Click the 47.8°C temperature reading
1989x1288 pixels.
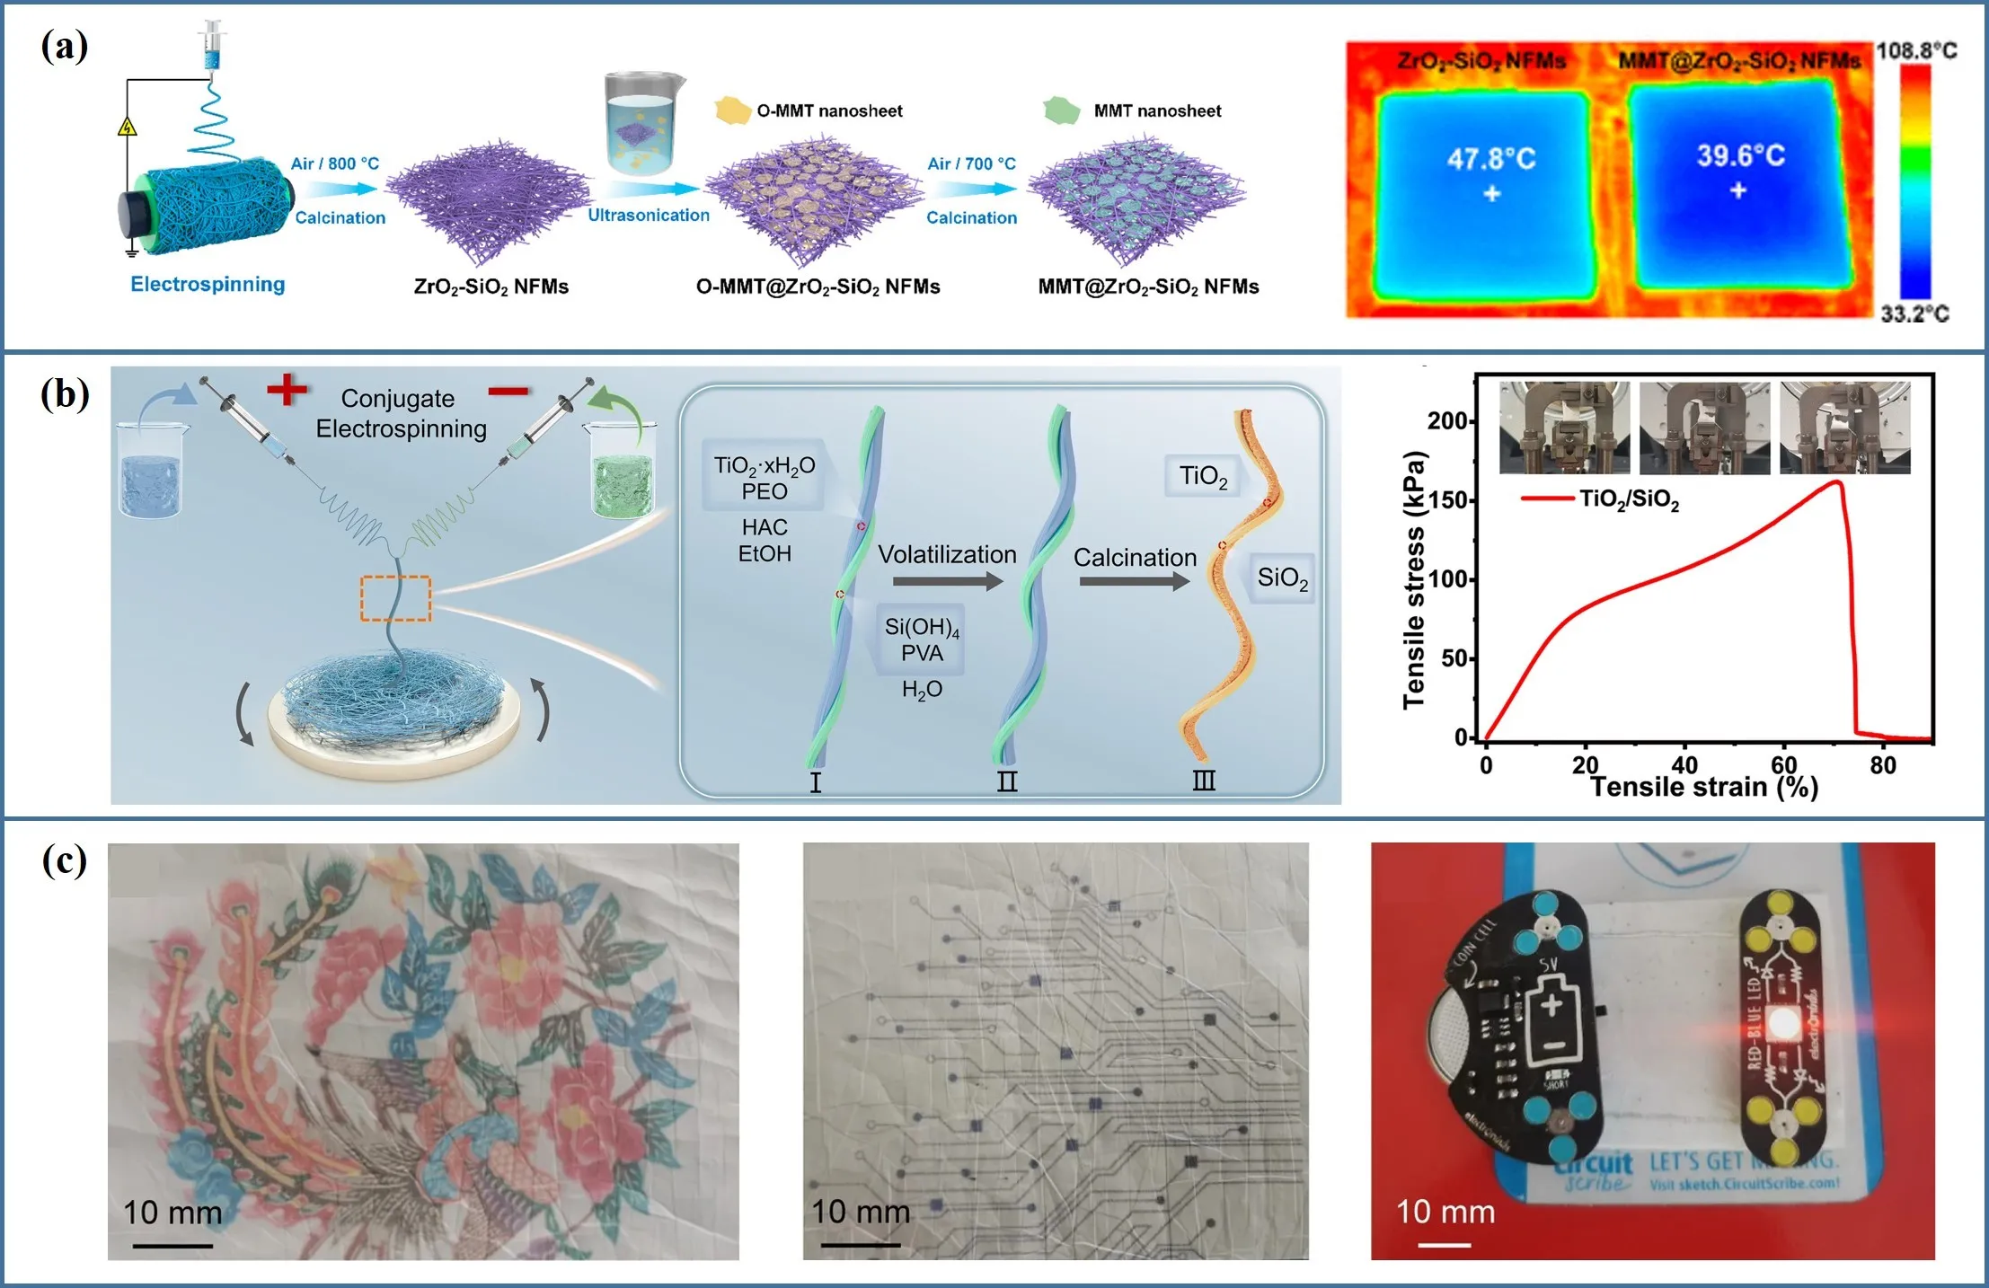[x=1491, y=160]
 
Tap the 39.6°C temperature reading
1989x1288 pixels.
[x=1740, y=156]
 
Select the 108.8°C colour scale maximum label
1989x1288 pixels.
[x=1916, y=50]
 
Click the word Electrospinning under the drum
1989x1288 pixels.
[x=208, y=285]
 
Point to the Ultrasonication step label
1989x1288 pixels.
[x=649, y=216]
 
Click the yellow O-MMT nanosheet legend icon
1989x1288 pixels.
[x=732, y=110]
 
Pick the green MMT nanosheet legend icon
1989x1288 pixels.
[x=1061, y=110]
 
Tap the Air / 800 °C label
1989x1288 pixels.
[x=334, y=163]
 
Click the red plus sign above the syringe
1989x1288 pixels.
[x=287, y=389]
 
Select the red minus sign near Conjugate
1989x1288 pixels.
[x=508, y=391]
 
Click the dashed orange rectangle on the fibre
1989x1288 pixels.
[x=395, y=598]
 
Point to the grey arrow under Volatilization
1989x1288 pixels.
[x=948, y=582]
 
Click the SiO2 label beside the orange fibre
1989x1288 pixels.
[x=1282, y=578]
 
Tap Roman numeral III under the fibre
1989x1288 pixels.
[x=1204, y=781]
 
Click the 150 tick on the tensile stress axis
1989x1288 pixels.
[x=1448, y=500]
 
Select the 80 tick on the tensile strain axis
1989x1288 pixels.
[x=1883, y=765]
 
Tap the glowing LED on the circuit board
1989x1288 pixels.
[x=1781, y=1023]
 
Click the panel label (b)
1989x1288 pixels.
[x=65, y=394]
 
